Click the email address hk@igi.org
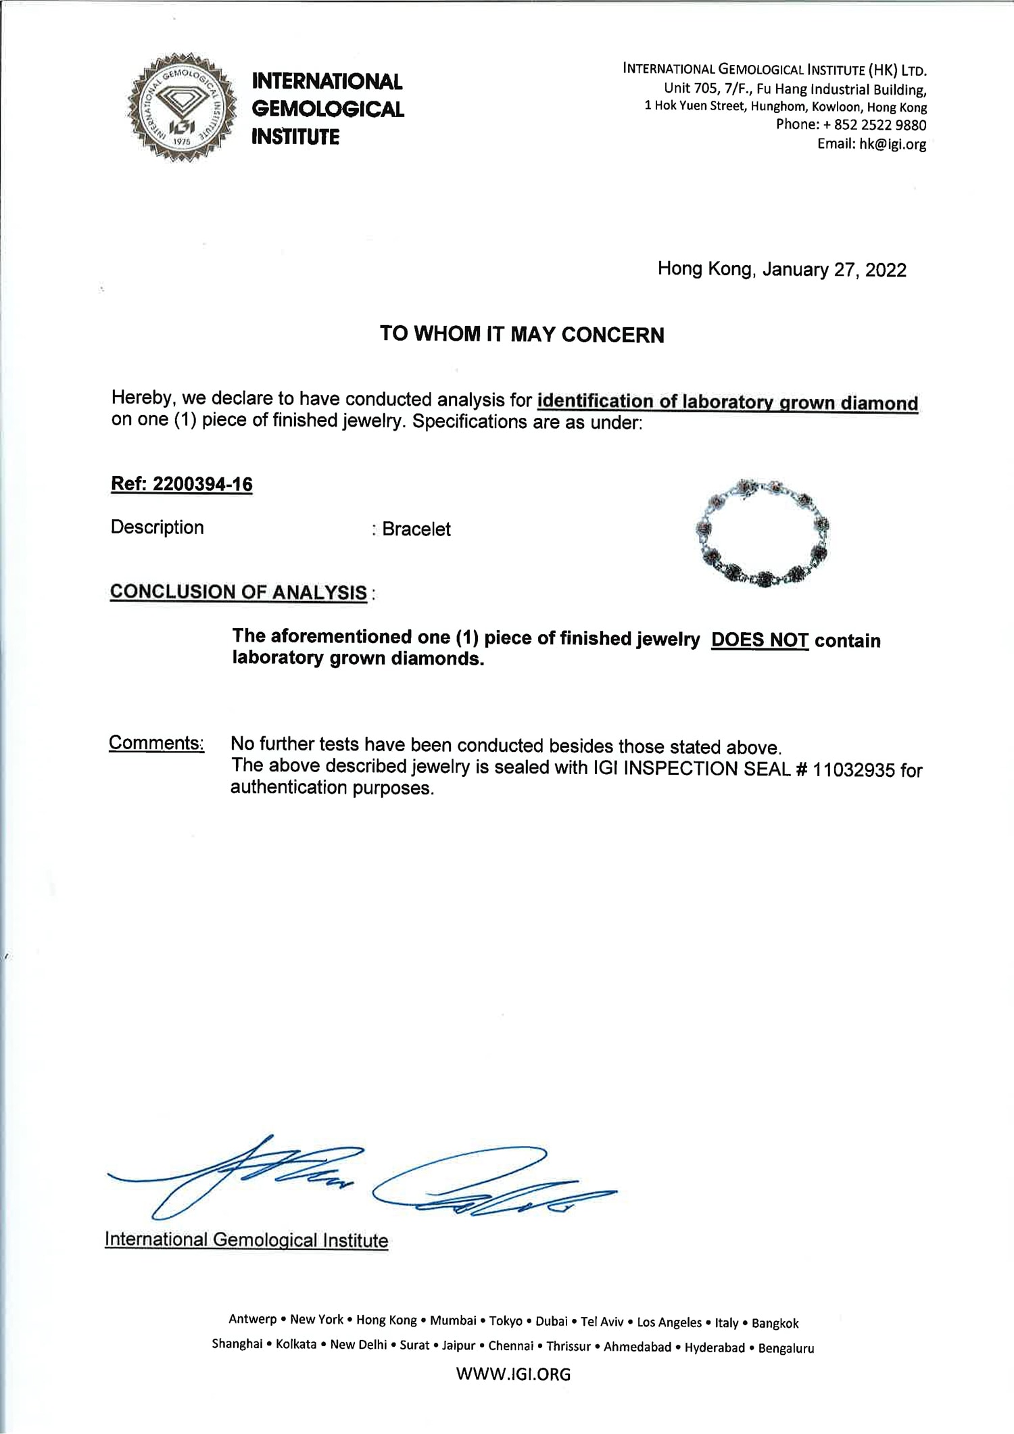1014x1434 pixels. tap(892, 143)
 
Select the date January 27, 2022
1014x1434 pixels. tap(834, 270)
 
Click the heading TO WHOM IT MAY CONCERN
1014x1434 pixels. tap(522, 335)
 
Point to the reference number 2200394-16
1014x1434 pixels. tap(203, 485)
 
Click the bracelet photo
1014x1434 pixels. tap(763, 533)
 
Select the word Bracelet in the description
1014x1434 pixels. tap(416, 529)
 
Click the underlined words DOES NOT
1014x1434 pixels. tap(760, 640)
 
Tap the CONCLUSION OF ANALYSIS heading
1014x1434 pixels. tap(239, 592)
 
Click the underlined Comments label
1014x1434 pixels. tap(156, 743)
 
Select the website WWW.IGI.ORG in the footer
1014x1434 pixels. tap(513, 1374)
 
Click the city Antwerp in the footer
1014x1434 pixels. tap(253, 1319)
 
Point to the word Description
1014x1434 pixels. tap(157, 527)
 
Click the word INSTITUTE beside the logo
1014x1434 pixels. tap(295, 137)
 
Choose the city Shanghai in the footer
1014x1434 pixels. tap(237, 1344)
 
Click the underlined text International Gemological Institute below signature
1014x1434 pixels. tap(246, 1240)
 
